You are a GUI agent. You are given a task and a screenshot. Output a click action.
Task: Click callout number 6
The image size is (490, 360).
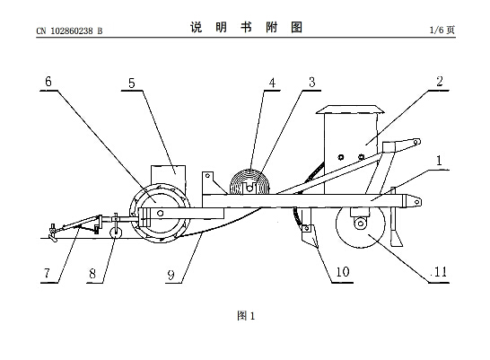coord(48,82)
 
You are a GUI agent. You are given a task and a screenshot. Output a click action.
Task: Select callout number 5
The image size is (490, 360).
coord(132,83)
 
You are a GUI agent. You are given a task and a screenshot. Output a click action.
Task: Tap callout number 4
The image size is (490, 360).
coord(272,83)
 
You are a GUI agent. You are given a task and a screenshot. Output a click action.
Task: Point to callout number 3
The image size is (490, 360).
coord(312,83)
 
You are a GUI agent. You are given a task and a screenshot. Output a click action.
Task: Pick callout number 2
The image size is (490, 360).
coord(440,82)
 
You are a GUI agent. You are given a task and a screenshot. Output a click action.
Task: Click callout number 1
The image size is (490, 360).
coord(439,161)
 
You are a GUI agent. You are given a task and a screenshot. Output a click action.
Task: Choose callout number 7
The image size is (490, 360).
coord(47,273)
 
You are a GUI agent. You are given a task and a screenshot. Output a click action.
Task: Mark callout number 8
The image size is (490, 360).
coord(92,274)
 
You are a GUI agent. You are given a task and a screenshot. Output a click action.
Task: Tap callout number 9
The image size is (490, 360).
coord(171,275)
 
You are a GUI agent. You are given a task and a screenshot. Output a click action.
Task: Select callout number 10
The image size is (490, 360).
coord(343,272)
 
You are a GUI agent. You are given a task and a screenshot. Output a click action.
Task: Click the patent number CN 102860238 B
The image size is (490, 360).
coord(69,31)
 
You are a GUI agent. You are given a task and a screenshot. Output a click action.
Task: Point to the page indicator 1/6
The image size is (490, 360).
coord(437,30)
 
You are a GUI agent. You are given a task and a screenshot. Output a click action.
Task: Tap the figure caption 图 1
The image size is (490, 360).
coord(246,316)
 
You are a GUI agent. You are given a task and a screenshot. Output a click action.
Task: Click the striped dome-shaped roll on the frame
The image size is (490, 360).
coord(249,182)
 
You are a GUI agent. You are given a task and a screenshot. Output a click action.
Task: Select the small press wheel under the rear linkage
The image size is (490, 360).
coord(116,232)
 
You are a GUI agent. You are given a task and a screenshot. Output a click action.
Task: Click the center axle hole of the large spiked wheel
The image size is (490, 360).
coord(161,213)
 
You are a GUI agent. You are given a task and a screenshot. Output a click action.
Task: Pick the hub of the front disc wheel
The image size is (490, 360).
coord(361,224)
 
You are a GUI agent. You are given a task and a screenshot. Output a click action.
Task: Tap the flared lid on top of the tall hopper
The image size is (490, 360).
coord(350,110)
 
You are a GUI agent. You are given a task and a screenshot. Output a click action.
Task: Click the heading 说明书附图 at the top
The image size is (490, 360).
coord(246,27)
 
